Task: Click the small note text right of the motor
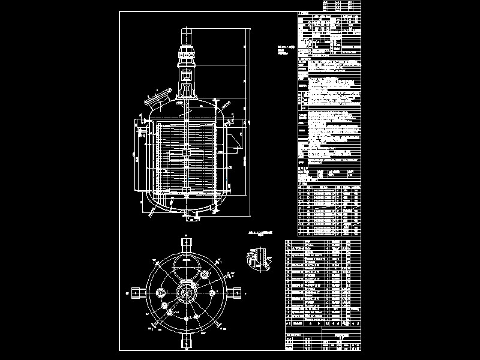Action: (x=284, y=49)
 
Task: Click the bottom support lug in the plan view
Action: (x=186, y=341)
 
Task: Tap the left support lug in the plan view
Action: (x=137, y=293)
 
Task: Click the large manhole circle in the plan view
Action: (x=186, y=265)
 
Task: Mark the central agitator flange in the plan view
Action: (x=186, y=293)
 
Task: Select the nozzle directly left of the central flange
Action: (x=161, y=292)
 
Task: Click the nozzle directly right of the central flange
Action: (x=211, y=293)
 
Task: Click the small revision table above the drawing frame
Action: (x=343, y=5)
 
